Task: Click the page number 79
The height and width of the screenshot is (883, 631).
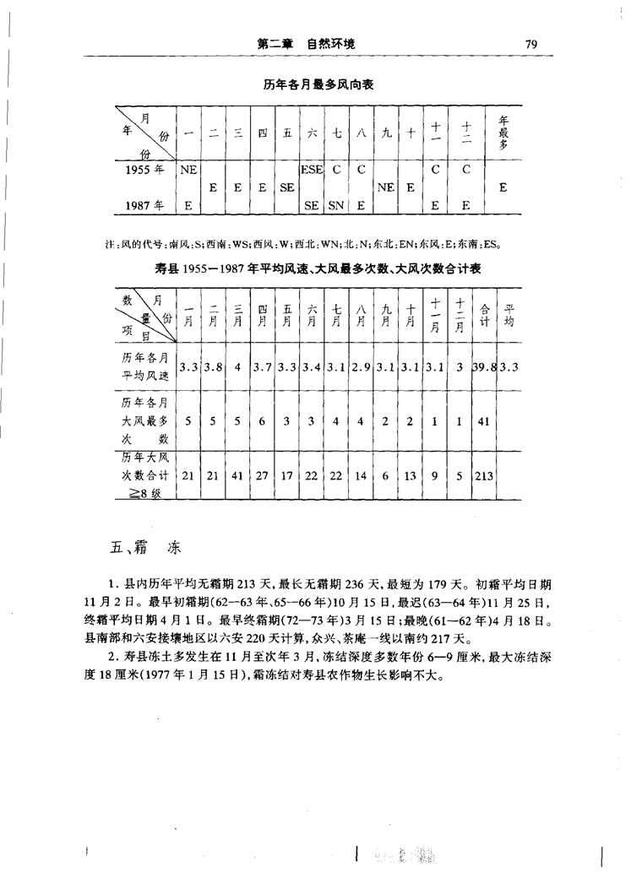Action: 531,44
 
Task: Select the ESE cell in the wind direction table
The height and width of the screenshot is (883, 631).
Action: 312,170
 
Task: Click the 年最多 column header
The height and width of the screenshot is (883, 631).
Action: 503,133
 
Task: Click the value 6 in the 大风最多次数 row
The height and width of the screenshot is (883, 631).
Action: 262,419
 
